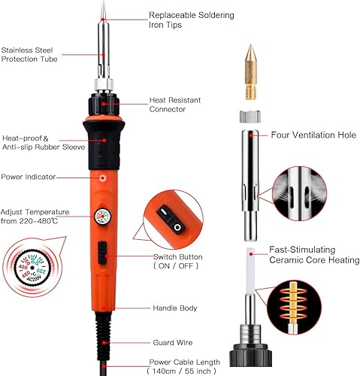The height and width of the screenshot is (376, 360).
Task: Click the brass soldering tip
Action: coord(251,72)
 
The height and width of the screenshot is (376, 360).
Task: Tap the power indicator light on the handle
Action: coord(102,178)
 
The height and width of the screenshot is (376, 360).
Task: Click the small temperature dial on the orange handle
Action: coord(102,217)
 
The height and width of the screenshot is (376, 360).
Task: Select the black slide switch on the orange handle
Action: coord(102,253)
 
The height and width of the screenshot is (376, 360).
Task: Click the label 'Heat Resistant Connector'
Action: coord(175,105)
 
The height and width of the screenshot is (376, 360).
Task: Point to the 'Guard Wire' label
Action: coord(173,343)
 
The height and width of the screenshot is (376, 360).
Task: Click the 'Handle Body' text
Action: coord(175,308)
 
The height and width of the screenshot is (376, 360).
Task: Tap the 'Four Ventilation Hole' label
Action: coord(313,135)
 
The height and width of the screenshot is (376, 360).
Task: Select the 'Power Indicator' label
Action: coord(29,177)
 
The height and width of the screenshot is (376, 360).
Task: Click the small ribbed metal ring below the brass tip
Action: coord(250,117)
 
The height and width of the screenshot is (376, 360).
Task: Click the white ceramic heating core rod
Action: coord(250,271)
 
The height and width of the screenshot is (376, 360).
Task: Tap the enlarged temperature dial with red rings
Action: coord(32,268)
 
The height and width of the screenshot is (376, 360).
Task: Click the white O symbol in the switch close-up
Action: coord(177,227)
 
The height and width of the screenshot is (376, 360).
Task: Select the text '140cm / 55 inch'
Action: coord(182,371)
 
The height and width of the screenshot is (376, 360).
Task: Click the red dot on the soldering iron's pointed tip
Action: coord(103,20)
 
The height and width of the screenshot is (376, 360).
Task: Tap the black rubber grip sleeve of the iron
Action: coord(104,144)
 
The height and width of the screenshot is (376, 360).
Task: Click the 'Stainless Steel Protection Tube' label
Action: coord(29,54)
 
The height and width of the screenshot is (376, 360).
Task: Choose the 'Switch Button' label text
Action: coord(178,257)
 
